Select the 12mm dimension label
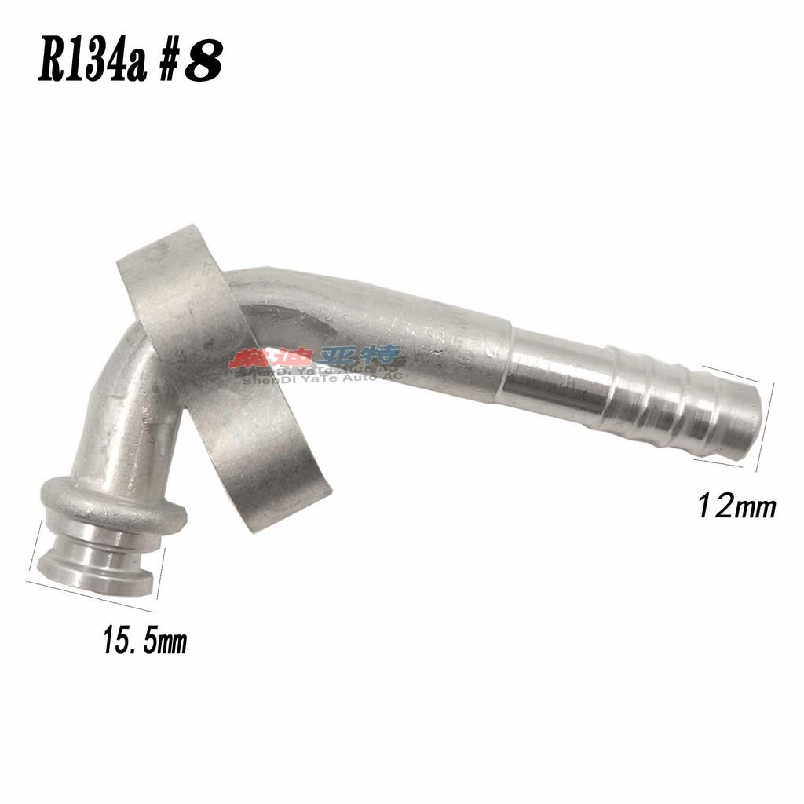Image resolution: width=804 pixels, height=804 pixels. (737, 507)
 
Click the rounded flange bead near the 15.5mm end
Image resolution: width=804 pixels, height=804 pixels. (114, 502)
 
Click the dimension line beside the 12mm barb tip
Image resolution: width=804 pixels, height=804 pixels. (766, 428)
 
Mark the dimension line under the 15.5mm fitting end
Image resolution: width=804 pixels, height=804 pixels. (90, 595)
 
